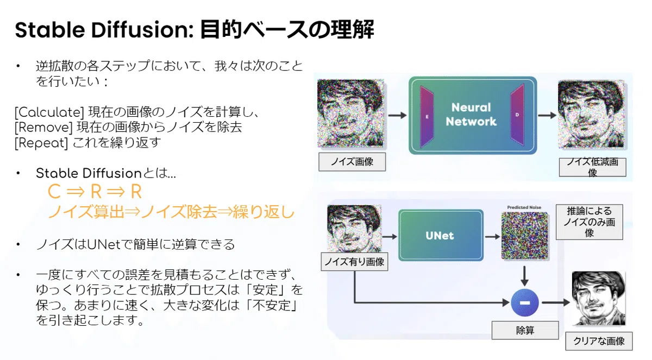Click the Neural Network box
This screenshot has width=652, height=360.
tap(473, 115)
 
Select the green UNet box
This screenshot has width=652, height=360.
tap(441, 235)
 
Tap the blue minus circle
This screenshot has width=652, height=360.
tap(524, 302)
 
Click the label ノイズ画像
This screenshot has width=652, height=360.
tap(352, 162)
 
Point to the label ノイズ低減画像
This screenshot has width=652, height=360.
tap(593, 167)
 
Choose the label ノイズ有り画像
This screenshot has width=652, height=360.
tap(354, 262)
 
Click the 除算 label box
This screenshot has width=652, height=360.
tap(525, 330)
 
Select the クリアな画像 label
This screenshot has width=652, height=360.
tap(599, 341)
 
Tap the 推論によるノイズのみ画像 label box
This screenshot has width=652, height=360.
tap(590, 222)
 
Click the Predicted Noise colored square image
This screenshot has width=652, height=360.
tap(525, 236)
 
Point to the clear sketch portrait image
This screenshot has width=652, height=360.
tap(598, 298)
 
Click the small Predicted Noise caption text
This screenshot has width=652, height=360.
tap(524, 207)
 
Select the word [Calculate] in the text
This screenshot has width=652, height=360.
tap(49, 112)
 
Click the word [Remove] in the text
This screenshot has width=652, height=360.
tap(43, 128)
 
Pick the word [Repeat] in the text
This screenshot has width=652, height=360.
tap(41, 143)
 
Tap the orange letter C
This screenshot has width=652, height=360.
tap(54, 192)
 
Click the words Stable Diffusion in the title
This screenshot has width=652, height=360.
tap(104, 30)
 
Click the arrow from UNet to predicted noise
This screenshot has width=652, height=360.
tap(492, 237)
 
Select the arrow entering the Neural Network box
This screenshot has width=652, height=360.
tap(398, 116)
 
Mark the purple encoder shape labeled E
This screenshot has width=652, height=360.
tap(427, 117)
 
